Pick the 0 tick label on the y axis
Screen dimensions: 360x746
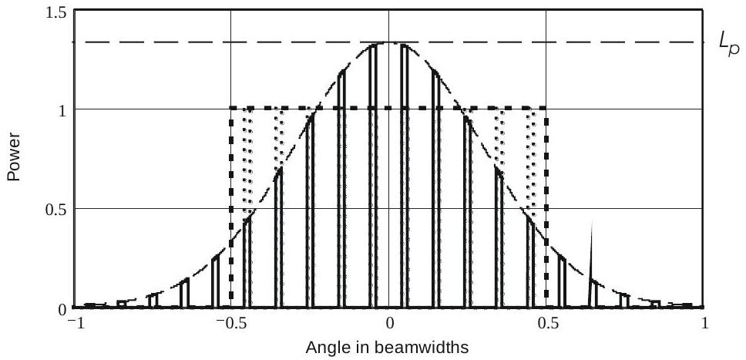(x=63, y=308)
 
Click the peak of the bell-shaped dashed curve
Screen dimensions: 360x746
(x=390, y=43)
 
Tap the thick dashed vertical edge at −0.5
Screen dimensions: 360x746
(x=231, y=208)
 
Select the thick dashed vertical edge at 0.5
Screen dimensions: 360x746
(x=546, y=208)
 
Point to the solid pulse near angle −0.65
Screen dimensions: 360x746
(x=184, y=293)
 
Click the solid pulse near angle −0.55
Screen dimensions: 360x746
(x=216, y=281)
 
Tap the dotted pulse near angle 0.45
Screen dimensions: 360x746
(x=531, y=162)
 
